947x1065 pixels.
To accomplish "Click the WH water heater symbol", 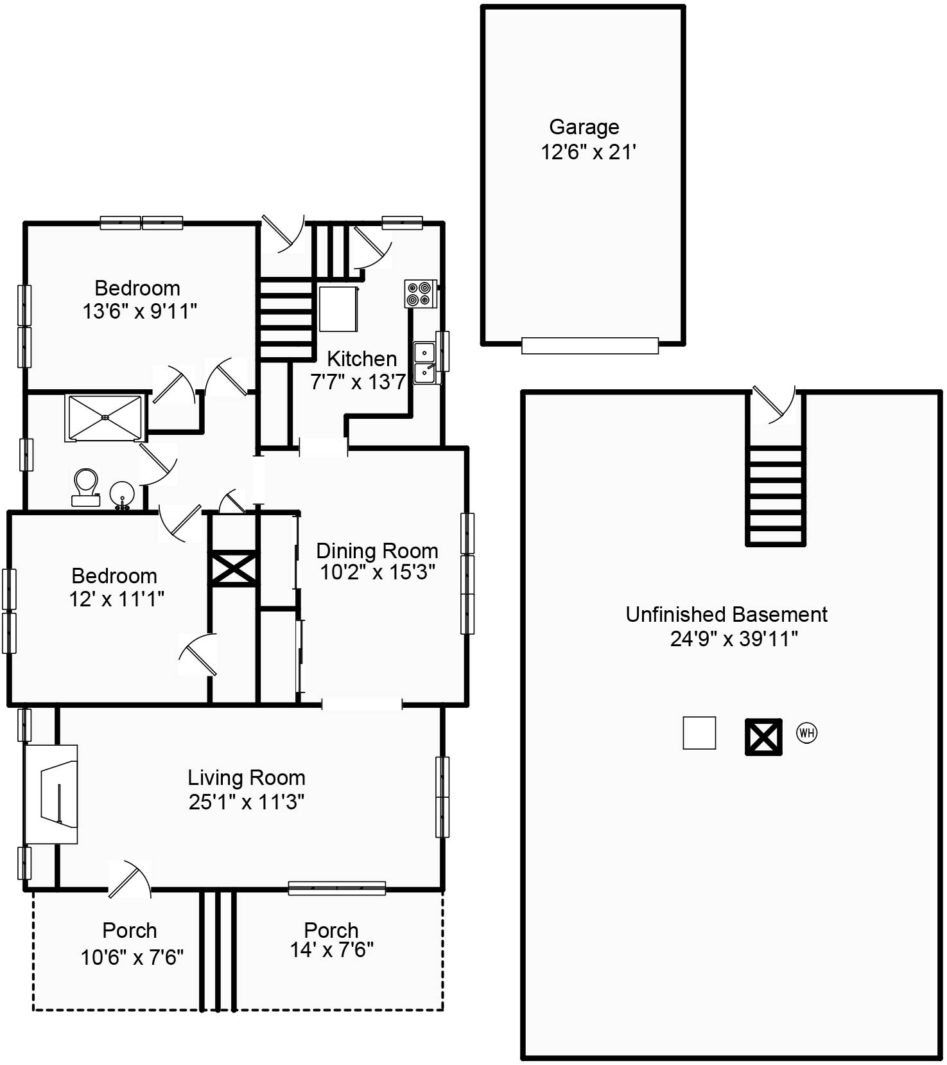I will click(x=806, y=732).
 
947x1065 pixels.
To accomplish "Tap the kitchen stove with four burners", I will click(x=421, y=294).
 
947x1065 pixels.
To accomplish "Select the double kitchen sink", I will click(x=424, y=363).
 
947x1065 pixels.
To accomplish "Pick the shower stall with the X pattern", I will click(x=105, y=418).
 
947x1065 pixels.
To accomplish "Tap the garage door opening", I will click(x=589, y=346).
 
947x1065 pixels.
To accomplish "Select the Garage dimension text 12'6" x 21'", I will click(x=587, y=152).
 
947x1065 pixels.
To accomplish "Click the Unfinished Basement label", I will click(x=726, y=614).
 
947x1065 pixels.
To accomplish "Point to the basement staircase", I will click(x=775, y=495).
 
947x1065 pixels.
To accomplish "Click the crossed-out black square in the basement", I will click(x=763, y=737).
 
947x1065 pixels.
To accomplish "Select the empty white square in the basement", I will click(x=699, y=733).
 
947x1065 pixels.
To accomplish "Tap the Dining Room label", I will click(x=377, y=550).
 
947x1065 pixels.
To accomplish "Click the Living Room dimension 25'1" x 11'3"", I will click(x=247, y=802).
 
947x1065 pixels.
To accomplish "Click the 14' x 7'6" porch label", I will click(x=331, y=950).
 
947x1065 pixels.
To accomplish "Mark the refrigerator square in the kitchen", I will click(x=338, y=309).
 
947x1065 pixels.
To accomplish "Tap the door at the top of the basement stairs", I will click(x=773, y=405).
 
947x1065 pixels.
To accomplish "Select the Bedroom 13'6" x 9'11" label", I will click(x=138, y=299).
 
